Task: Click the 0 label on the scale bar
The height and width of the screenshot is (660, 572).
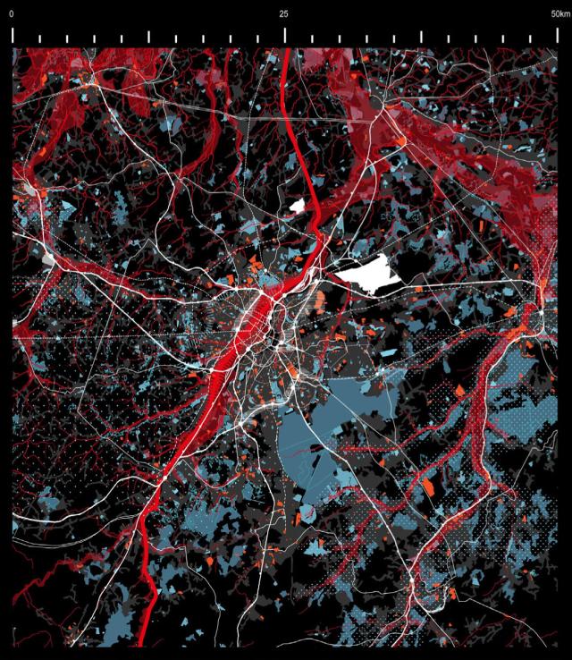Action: click(x=12, y=14)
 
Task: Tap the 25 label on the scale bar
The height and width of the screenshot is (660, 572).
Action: click(x=284, y=14)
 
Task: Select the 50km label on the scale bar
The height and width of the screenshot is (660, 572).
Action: click(x=559, y=14)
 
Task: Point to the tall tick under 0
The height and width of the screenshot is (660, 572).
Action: click(x=13, y=35)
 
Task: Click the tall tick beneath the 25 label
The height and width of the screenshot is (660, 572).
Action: click(x=285, y=35)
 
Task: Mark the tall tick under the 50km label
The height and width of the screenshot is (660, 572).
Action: click(x=557, y=35)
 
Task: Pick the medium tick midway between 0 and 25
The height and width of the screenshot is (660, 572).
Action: click(x=148, y=38)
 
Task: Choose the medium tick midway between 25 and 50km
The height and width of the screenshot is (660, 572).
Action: click(x=421, y=38)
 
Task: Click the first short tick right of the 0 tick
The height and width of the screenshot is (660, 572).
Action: click(x=39, y=39)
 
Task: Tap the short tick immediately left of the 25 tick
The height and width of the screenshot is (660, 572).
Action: click(x=257, y=39)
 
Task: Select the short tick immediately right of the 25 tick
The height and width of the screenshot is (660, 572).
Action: click(x=312, y=39)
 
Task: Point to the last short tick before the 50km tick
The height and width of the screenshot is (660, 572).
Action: click(x=530, y=39)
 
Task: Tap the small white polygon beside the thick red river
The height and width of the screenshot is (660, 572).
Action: click(x=298, y=206)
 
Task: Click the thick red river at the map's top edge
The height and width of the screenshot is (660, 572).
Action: click(x=286, y=55)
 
